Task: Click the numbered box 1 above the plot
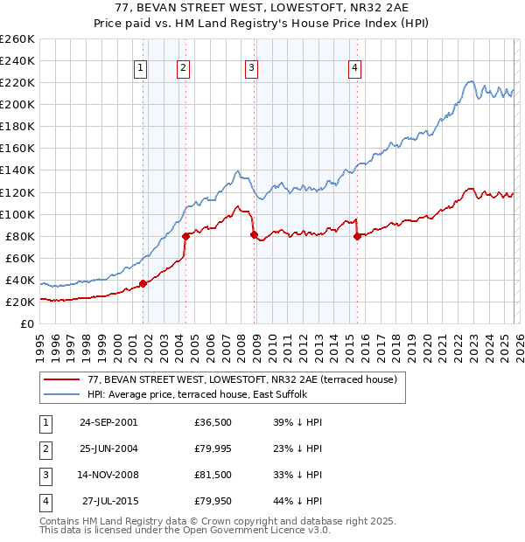pos(140,70)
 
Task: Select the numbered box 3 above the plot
pos(251,70)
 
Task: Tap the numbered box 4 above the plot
pos(354,70)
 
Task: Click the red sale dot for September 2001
pos(143,283)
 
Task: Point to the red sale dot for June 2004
pos(185,236)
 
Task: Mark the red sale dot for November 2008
pos(254,234)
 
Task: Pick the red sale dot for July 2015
pos(357,236)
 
